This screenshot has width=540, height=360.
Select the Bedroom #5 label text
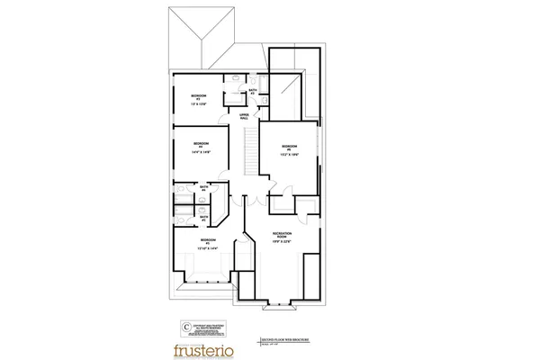(289, 147)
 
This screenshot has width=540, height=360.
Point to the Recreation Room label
(283, 236)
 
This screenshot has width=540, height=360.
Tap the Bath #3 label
(254, 91)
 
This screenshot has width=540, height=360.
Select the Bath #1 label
(203, 218)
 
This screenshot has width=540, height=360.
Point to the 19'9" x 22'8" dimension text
(283, 243)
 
